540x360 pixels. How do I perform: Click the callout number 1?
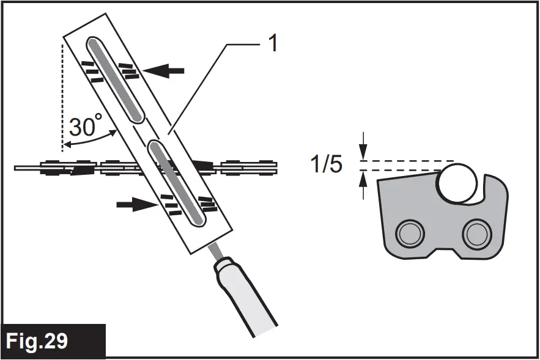(x=273, y=44)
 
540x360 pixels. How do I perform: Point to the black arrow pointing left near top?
(x=165, y=71)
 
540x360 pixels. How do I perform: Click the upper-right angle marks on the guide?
(x=128, y=70)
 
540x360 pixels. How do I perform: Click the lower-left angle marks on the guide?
(x=168, y=201)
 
